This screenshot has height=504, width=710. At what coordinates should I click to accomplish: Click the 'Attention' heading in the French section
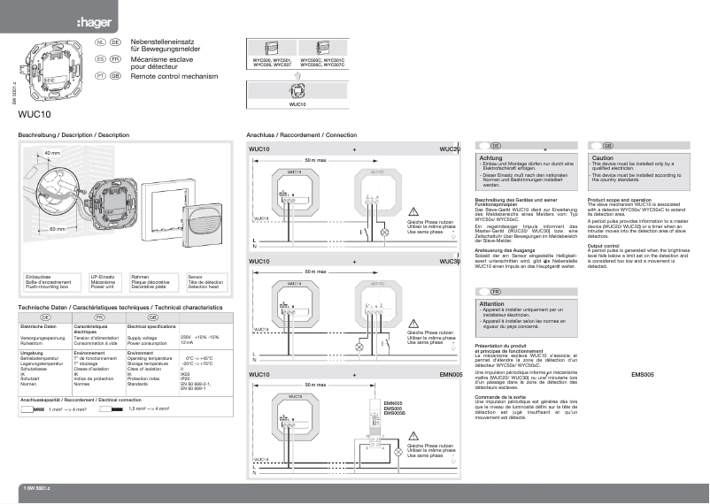click(492, 303)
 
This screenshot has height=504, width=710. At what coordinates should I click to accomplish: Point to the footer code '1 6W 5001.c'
click(37, 488)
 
